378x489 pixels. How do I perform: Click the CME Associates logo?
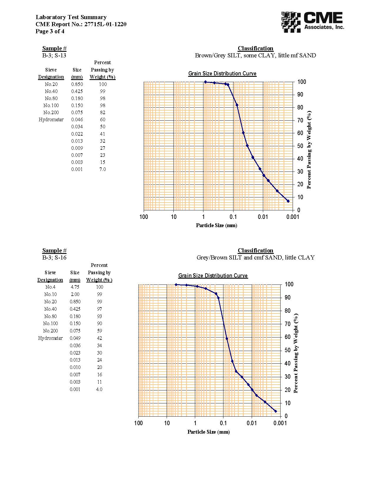point(312,22)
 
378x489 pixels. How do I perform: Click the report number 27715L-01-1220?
point(105,24)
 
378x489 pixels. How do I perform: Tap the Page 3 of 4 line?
point(50,31)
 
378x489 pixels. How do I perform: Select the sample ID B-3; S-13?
point(54,55)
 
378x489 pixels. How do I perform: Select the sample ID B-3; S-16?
point(54,257)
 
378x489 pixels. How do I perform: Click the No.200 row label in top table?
point(51,112)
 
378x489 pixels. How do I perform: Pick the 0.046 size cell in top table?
point(77,119)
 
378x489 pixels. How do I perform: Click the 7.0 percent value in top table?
point(102,169)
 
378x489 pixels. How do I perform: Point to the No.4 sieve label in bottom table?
point(50,287)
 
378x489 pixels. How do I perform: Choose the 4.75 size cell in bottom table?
point(75,287)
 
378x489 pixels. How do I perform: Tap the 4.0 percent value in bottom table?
point(100,389)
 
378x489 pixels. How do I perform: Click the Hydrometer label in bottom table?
point(50,338)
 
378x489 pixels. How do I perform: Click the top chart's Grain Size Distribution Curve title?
point(222,74)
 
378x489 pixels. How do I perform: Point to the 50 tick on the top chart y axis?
point(300,146)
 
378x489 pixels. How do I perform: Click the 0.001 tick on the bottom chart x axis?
point(280,423)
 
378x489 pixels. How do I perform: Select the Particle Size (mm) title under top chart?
point(216,225)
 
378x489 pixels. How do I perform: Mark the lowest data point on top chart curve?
point(288,201)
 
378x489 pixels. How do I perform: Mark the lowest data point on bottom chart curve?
point(276,411)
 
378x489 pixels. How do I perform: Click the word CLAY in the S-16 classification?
point(306,257)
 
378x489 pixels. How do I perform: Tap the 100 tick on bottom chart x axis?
point(138,423)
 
